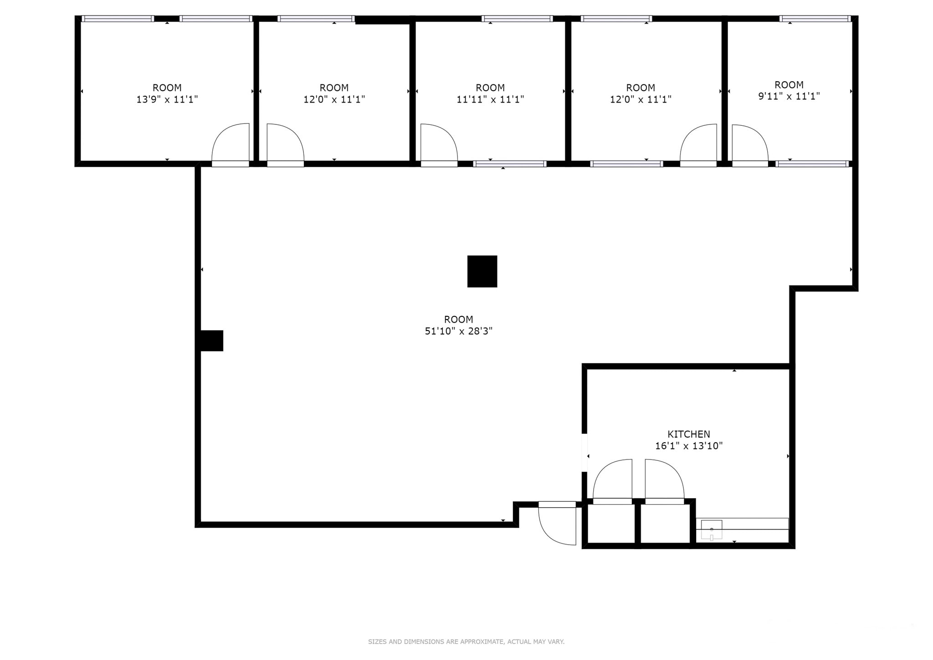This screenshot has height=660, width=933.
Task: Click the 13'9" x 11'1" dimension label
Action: (167, 99)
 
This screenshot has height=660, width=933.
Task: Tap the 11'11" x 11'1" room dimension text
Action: (490, 99)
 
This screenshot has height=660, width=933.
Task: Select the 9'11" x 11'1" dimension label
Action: (789, 96)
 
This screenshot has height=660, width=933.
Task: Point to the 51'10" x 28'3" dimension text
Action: (458, 331)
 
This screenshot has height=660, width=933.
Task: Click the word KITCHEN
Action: (688, 434)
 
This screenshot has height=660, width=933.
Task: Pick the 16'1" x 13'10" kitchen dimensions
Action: (688, 446)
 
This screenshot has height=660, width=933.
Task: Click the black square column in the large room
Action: (482, 271)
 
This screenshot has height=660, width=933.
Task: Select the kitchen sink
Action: (711, 530)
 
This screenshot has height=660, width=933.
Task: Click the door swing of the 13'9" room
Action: (231, 143)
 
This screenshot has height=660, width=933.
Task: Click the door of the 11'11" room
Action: (438, 144)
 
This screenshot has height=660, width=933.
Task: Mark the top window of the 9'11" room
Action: (815, 19)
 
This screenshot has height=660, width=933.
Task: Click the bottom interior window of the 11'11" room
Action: (510, 164)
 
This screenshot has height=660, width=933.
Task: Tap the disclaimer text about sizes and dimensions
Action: (466, 642)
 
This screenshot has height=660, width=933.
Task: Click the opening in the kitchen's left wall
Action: (584, 452)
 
